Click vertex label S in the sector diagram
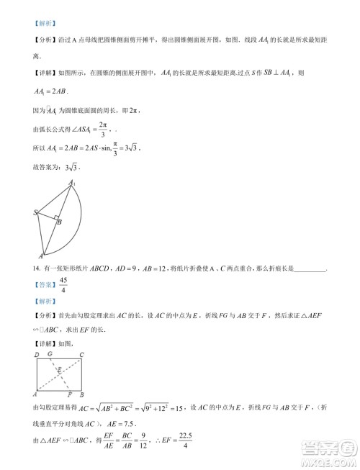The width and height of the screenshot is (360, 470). click(x=35, y=213)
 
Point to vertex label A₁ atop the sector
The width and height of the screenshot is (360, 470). click(x=73, y=185)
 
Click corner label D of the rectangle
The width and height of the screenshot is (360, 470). click(x=35, y=355)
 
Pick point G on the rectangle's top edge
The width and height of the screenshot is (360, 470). click(x=49, y=355)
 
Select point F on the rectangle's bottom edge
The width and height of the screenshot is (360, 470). click(x=68, y=395)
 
